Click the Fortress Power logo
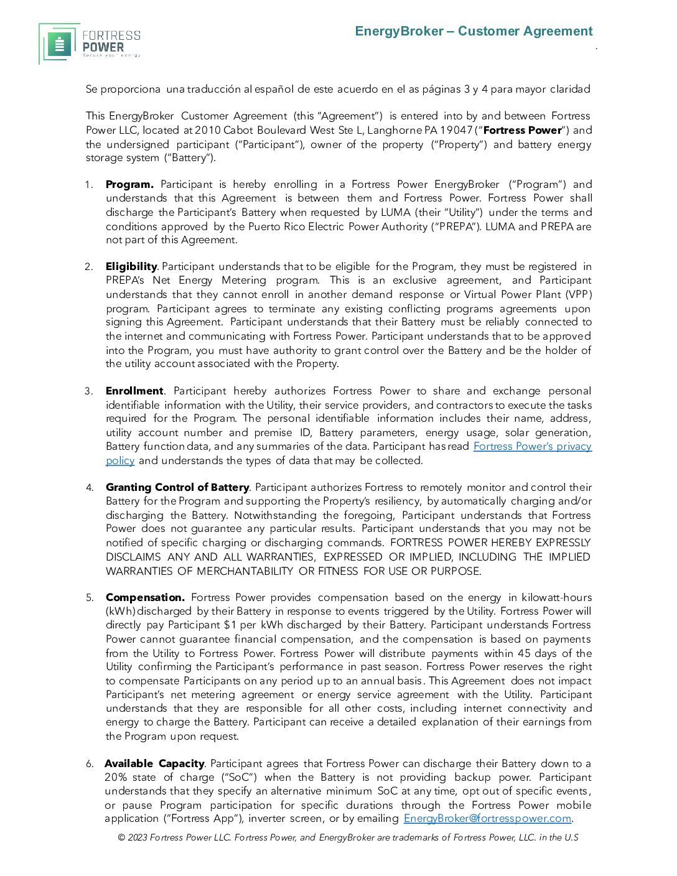coord(90,44)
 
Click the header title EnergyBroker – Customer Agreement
coord(474,31)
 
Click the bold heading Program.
coord(129,184)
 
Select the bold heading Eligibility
coord(131,266)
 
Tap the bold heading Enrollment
coord(134,391)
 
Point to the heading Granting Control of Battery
coord(177,487)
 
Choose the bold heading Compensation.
coord(145,597)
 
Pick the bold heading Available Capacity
coord(154,763)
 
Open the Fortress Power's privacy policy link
coord(532,447)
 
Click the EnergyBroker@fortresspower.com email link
coord(487,818)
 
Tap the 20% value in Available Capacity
coord(116,777)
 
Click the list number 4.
coord(90,487)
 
